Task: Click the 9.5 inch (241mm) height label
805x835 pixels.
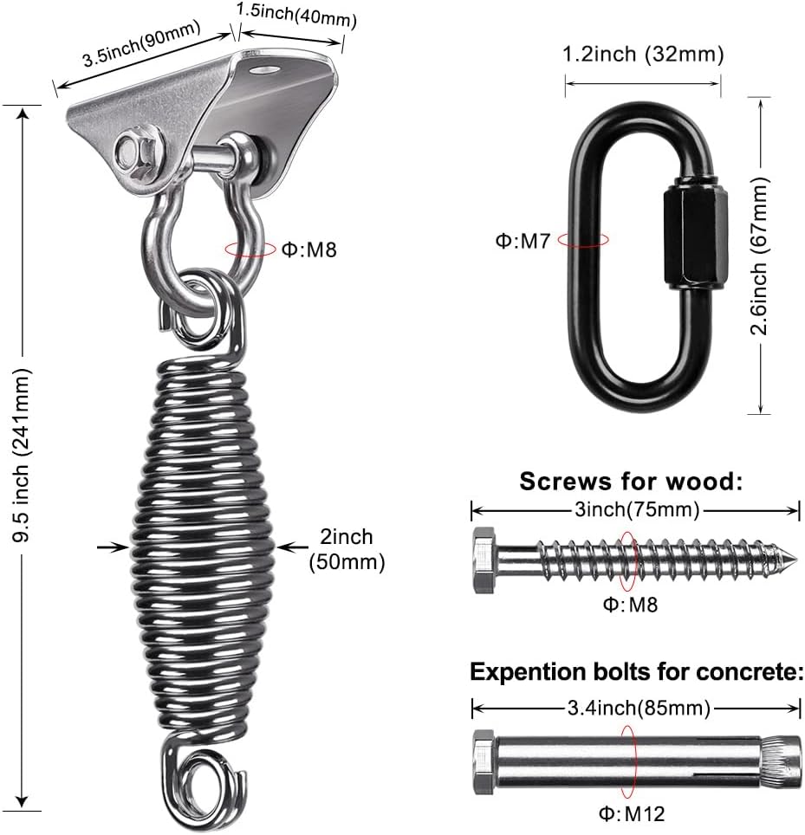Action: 23,456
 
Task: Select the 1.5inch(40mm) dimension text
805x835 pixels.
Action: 296,15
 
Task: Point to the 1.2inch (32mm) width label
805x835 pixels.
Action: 643,55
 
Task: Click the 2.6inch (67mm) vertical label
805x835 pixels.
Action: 760,256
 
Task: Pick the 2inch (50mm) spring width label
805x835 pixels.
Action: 347,549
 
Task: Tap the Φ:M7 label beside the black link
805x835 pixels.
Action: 523,242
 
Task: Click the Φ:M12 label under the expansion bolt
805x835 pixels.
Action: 632,813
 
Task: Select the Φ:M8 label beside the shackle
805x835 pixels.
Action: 309,249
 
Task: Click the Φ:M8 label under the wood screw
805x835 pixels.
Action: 630,605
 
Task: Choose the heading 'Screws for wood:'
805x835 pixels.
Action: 631,482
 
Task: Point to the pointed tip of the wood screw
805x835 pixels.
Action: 796,558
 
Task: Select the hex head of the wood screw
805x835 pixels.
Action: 484,560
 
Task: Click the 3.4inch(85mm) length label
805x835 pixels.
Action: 639,708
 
